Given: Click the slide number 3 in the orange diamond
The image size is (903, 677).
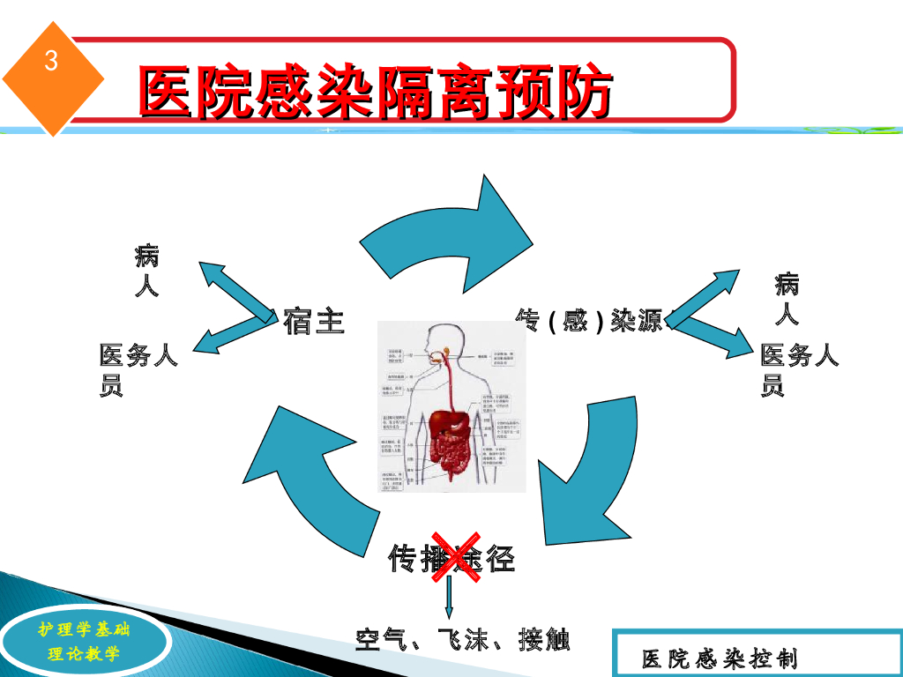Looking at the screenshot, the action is pos(52,63).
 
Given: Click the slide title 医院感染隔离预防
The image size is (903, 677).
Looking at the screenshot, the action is pos(374,93).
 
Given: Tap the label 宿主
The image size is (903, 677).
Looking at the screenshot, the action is pos(313,321).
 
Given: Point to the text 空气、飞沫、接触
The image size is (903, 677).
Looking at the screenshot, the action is pos(462,639).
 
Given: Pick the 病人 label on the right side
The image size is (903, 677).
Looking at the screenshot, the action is pos(787,299).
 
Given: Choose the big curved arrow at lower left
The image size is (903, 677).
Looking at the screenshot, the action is pos(309,476).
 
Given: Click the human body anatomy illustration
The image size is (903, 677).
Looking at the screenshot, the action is pos(451,405).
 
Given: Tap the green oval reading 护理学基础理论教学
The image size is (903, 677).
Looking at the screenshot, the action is pos(84,642).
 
